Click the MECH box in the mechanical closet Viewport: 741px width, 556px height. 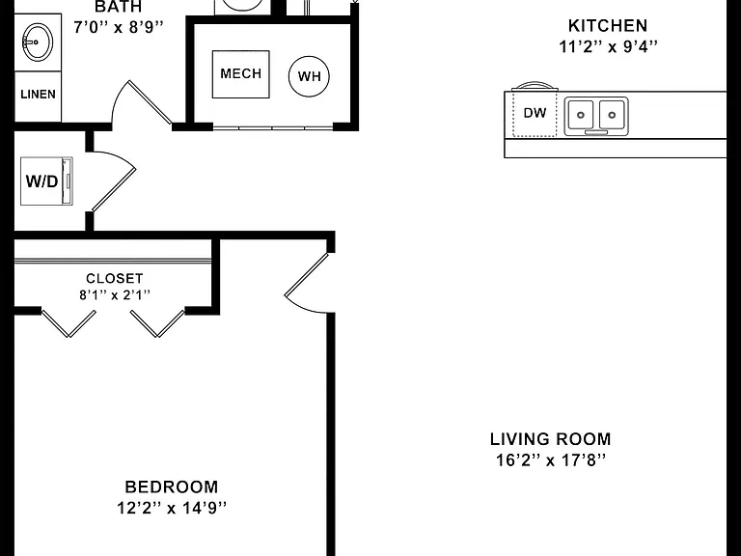pyautogui.click(x=240, y=74)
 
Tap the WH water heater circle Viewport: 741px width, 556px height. pyautogui.click(x=309, y=76)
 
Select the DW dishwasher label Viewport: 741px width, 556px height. pyautogui.click(x=535, y=113)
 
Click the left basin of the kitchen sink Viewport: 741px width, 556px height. pyautogui.click(x=580, y=115)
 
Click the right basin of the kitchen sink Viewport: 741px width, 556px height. pyautogui.click(x=612, y=115)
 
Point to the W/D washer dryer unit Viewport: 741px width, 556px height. pyautogui.click(x=46, y=181)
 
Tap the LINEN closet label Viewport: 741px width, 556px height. pyautogui.click(x=39, y=94)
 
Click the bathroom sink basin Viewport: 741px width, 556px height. pyautogui.click(x=37, y=42)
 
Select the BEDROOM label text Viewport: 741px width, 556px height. pyautogui.click(x=172, y=486)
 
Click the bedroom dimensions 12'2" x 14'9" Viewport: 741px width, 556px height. pyautogui.click(x=172, y=508)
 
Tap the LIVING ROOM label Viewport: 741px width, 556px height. pyautogui.click(x=551, y=439)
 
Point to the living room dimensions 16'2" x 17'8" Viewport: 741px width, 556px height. pyautogui.click(x=551, y=459)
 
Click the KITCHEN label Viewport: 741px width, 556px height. pyautogui.click(x=608, y=25)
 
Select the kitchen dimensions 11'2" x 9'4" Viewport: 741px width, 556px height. pyautogui.click(x=608, y=46)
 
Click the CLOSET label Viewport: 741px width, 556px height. pyautogui.click(x=115, y=278)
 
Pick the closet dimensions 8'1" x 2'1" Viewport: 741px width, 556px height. pyautogui.click(x=115, y=295)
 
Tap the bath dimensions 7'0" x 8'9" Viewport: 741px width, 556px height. pyautogui.click(x=119, y=27)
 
